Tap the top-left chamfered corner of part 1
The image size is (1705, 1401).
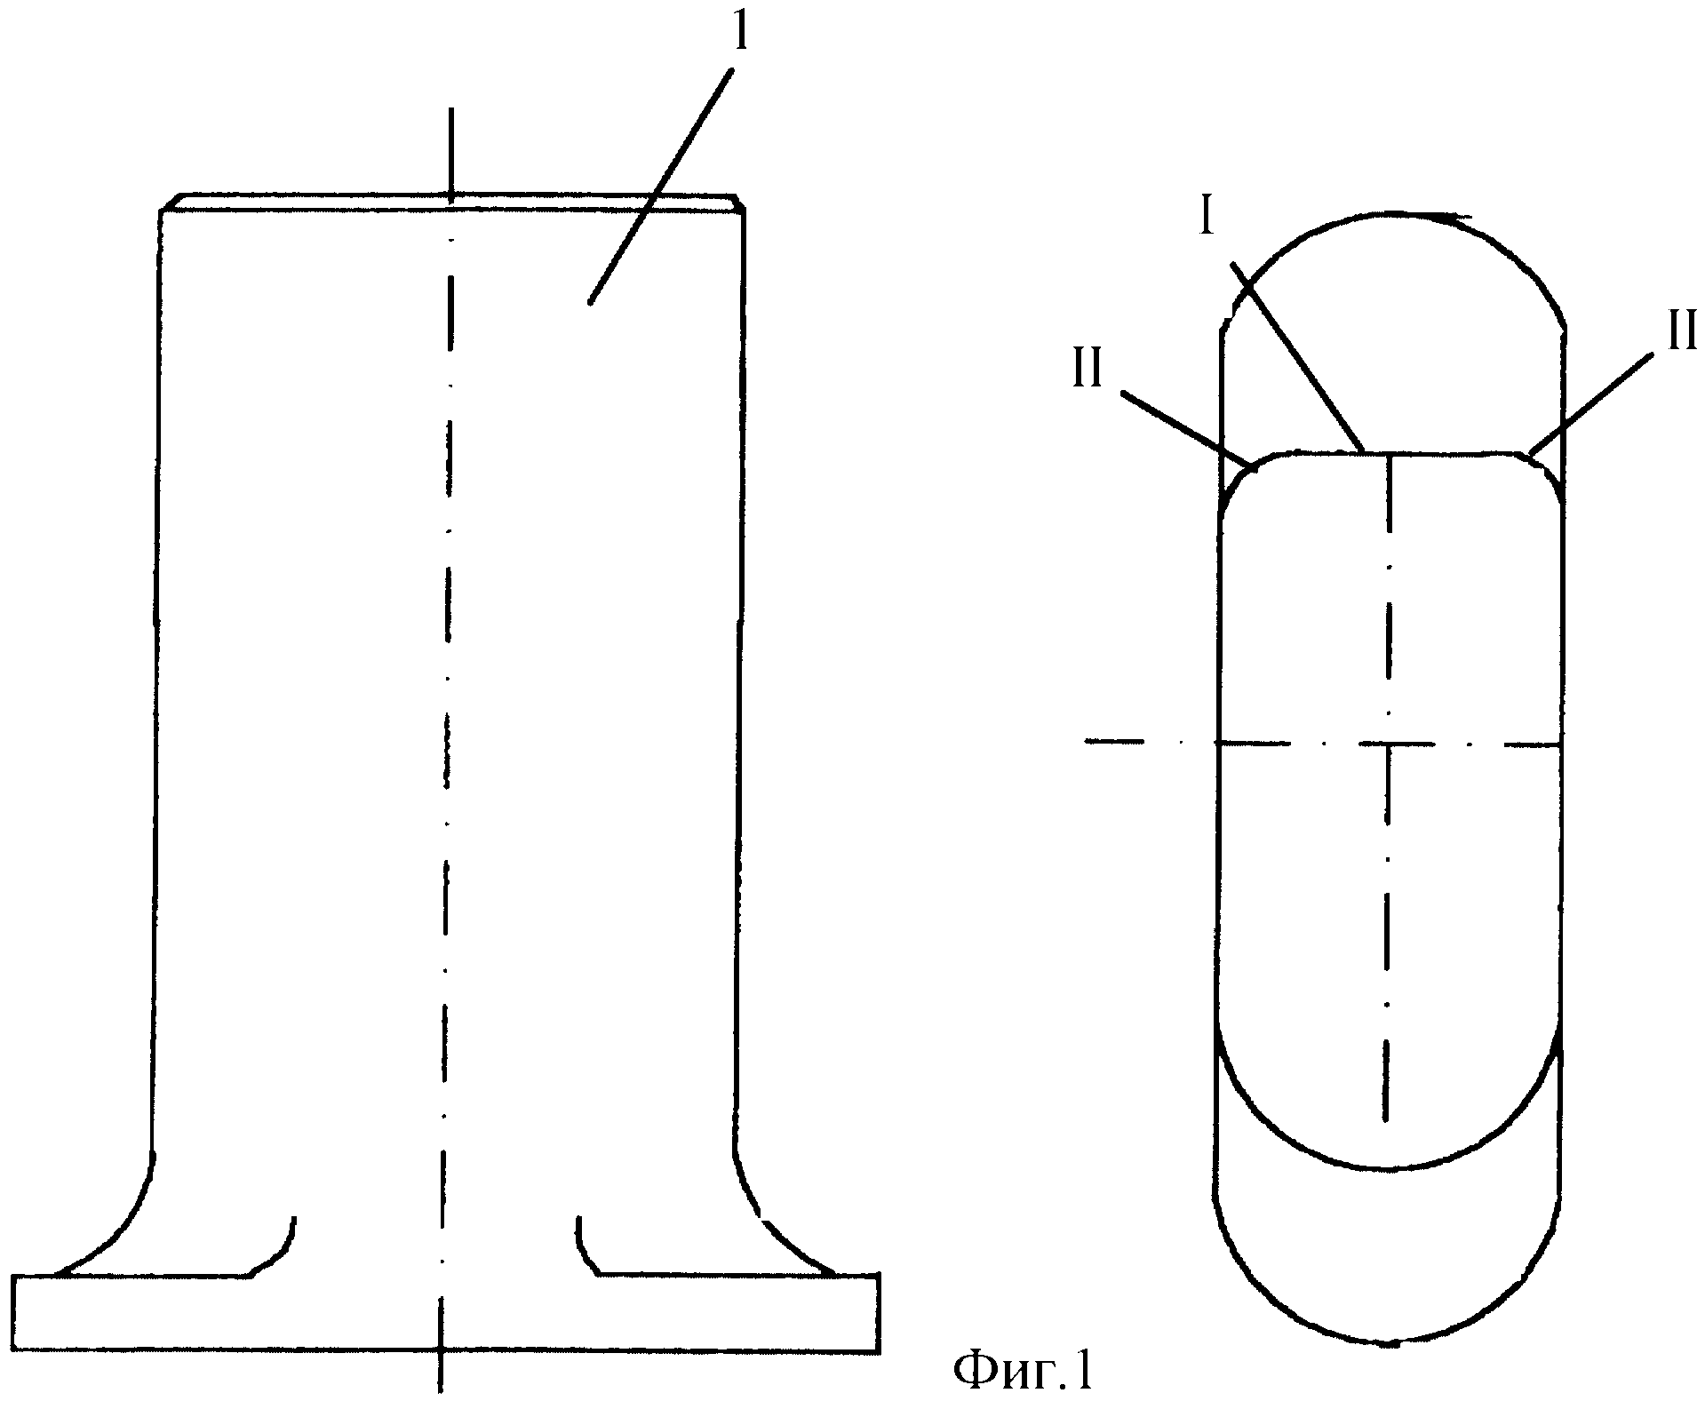(x=171, y=202)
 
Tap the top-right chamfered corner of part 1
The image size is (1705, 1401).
(x=737, y=202)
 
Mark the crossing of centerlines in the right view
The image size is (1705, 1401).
(x=1388, y=743)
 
